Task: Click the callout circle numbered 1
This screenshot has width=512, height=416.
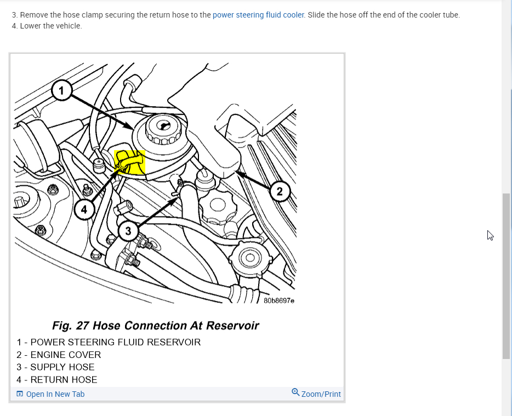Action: point(62,90)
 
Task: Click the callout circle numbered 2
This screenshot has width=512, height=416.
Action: point(280,191)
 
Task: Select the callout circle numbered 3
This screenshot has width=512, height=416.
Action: point(128,231)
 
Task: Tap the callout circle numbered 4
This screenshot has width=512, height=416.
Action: point(84,209)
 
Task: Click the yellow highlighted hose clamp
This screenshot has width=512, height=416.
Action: point(129,162)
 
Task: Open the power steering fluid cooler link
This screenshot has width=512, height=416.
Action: point(258,15)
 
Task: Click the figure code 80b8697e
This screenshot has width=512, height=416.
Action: point(279,301)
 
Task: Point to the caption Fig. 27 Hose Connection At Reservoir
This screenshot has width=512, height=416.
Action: point(156,326)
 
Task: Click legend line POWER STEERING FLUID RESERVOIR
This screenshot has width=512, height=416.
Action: point(109,342)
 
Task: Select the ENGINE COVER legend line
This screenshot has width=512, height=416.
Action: point(59,355)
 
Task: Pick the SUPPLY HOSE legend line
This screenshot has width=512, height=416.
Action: point(55,367)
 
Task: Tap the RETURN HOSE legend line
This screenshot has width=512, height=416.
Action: point(57,379)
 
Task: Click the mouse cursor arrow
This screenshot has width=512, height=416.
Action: point(490,235)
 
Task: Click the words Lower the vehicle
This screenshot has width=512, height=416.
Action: point(51,26)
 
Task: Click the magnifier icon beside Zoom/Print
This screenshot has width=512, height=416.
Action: point(295,392)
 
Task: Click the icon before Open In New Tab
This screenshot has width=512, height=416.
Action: point(20,394)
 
